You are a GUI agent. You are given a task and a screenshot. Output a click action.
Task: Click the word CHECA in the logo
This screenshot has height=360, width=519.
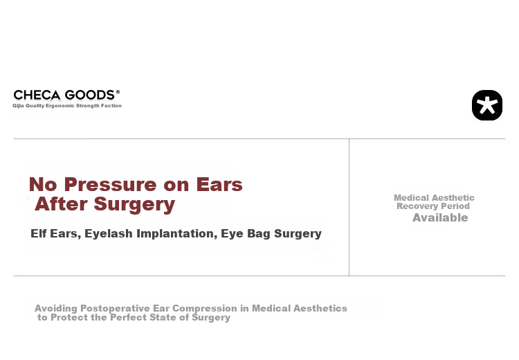coord(37,95)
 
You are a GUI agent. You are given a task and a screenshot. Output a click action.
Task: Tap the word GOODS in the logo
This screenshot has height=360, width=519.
coord(90,95)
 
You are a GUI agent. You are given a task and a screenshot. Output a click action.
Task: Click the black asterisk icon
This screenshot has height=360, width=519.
coord(487,105)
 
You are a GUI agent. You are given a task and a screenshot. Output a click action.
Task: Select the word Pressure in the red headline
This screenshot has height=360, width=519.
coord(110,184)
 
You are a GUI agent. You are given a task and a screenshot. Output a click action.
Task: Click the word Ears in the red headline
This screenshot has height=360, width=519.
coord(219,184)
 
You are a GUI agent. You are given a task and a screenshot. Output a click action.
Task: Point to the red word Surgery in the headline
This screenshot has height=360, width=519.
coord(134,204)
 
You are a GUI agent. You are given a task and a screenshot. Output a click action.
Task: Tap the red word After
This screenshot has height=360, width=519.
coord(62,204)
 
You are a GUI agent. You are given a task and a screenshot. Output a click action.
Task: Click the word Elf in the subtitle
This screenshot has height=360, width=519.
coord(38,233)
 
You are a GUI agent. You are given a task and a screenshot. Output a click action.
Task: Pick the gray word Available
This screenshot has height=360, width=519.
coord(440,217)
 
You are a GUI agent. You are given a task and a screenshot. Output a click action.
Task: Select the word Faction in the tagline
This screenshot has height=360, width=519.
coord(111,106)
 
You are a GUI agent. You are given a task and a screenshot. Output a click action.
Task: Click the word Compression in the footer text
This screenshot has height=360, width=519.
coord(205,309)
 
